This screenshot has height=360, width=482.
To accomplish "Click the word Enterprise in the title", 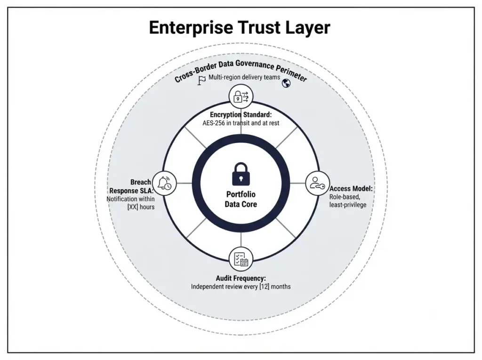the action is [x=191, y=28].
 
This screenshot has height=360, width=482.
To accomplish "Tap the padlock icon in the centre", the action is [x=241, y=174].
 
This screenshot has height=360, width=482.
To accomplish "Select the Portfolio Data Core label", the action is [x=241, y=199].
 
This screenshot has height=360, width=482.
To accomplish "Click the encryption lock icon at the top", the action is [x=241, y=96].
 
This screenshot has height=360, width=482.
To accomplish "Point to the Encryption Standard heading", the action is [x=241, y=115].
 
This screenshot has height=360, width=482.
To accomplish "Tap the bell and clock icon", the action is [x=164, y=183].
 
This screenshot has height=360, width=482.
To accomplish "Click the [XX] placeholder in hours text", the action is [x=132, y=207].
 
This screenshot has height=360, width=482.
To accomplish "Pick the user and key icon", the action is [x=317, y=183].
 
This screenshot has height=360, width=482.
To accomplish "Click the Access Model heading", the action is [x=351, y=188].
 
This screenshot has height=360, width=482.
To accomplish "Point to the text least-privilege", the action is [x=348, y=205].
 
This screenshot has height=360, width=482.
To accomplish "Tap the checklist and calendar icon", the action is [x=241, y=259].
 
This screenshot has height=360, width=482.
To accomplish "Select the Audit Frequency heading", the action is [x=241, y=278].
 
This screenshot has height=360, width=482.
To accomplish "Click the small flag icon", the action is [x=201, y=80].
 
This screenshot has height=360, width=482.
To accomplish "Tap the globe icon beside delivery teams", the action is [x=286, y=83].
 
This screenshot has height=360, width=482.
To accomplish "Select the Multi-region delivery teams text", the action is [x=244, y=77].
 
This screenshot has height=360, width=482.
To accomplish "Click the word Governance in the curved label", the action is [x=255, y=65].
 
